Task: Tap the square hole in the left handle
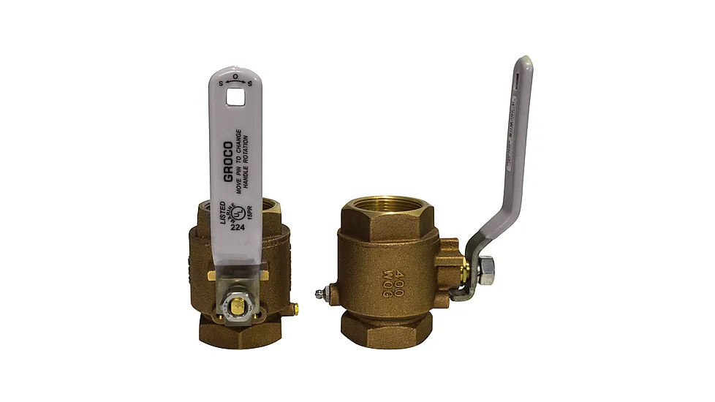235,95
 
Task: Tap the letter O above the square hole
235,76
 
